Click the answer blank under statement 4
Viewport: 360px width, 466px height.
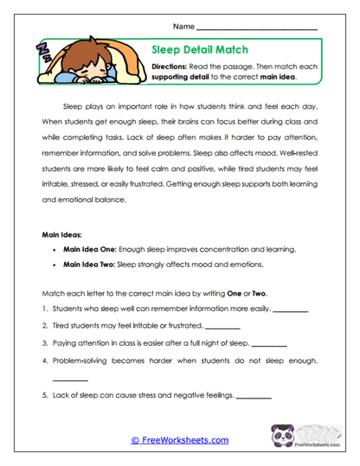coord(70,379)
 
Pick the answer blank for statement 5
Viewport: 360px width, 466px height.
coord(254,397)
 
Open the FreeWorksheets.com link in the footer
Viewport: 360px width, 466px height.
coord(180,440)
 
